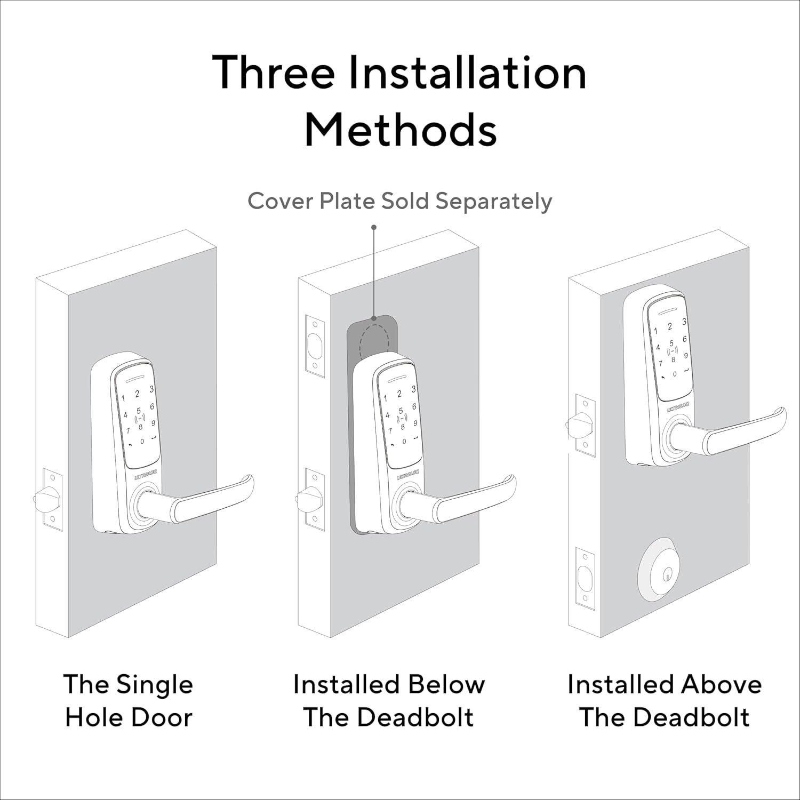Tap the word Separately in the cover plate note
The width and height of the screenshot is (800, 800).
[x=493, y=202]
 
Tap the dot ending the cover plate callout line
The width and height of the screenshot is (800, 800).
[x=374, y=227]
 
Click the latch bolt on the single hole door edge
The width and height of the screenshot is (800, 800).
[x=45, y=499]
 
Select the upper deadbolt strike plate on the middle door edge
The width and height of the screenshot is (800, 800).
[x=315, y=346]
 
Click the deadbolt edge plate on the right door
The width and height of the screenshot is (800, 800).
[x=586, y=579]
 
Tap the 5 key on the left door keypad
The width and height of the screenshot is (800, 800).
[x=139, y=411]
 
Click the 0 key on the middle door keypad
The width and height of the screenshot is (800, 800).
[x=404, y=441]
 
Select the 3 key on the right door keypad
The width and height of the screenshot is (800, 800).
[x=684, y=322]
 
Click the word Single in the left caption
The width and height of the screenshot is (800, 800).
[x=155, y=685]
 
